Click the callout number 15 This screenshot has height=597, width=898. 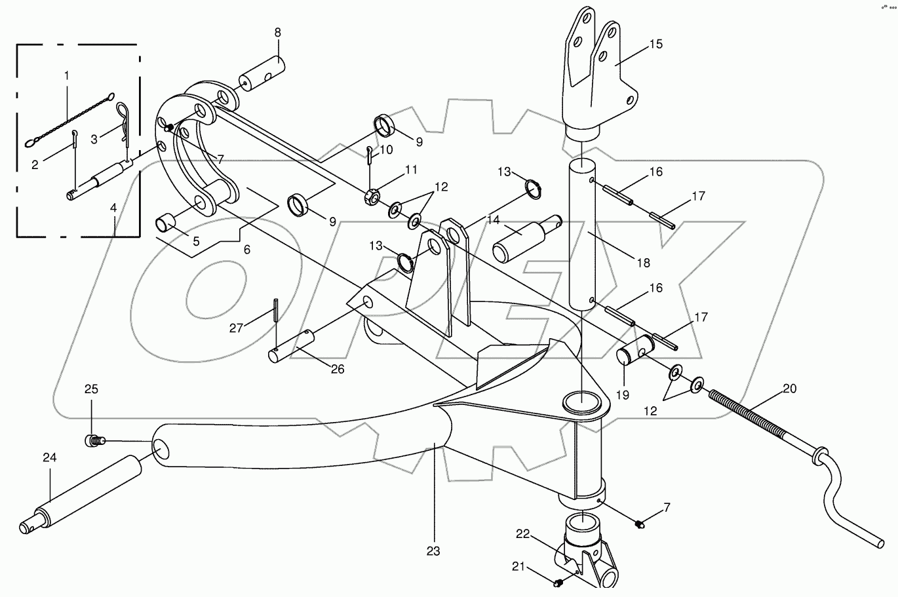point(656,45)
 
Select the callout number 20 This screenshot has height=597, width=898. point(789,389)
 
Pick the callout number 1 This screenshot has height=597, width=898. point(66,76)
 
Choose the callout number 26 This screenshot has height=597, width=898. point(337,369)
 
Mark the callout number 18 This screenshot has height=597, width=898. point(643,262)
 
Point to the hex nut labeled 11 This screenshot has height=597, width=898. point(370,197)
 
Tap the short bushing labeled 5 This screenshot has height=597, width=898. point(166,222)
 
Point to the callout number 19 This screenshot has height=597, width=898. point(622,395)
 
